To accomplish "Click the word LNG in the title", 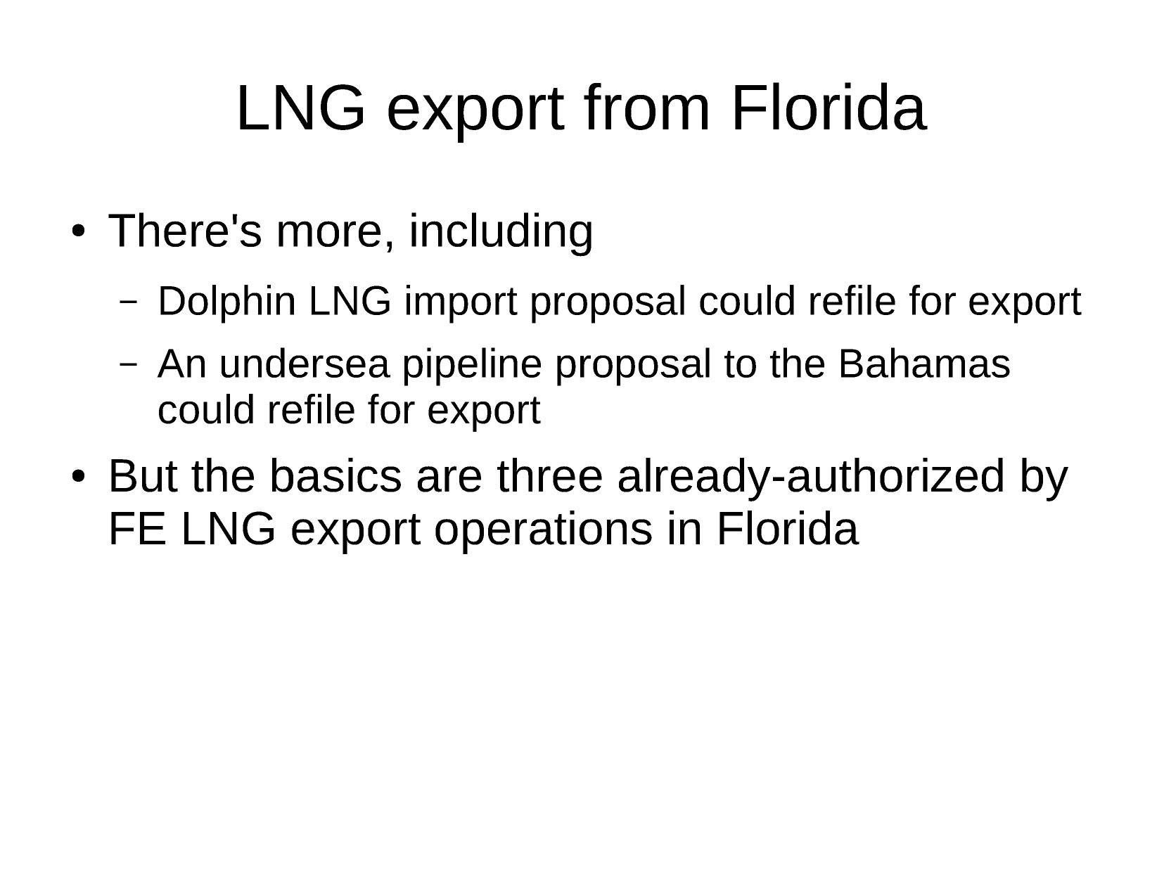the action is (x=301, y=108).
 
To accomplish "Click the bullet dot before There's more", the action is (x=78, y=231).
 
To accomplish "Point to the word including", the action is (x=501, y=231).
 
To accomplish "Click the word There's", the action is (x=185, y=231).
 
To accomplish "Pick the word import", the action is (x=460, y=302).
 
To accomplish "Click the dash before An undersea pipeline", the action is (x=128, y=364).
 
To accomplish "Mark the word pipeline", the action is (x=472, y=365).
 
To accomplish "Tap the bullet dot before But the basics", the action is (x=78, y=476).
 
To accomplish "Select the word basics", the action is (x=335, y=476).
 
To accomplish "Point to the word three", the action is (x=549, y=476).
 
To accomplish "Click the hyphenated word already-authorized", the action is (x=811, y=477).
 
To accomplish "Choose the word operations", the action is (x=543, y=531).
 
